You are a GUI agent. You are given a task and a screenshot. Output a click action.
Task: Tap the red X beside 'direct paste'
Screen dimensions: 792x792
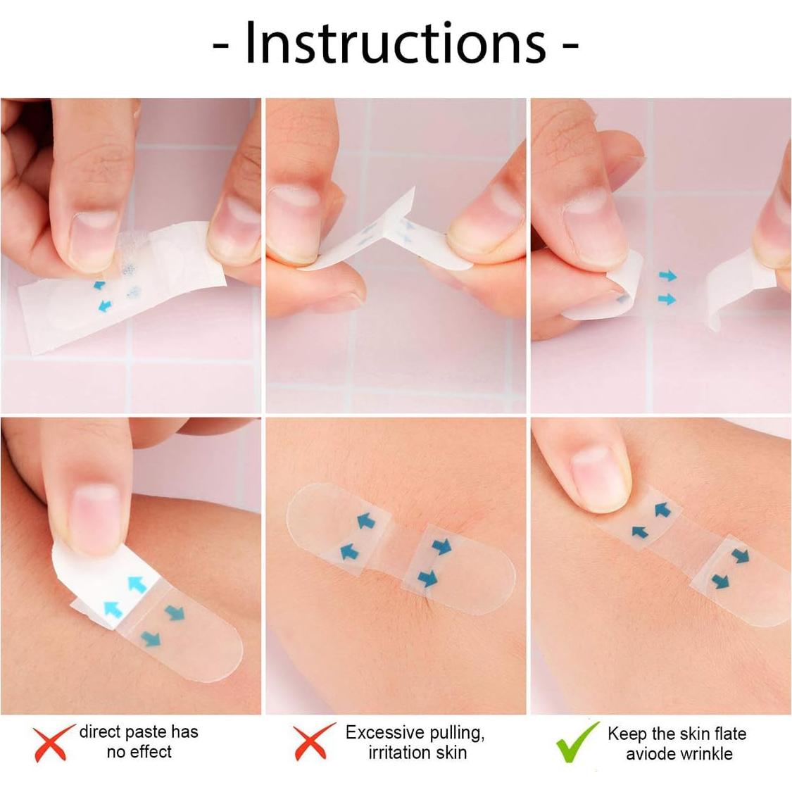(x=54, y=743)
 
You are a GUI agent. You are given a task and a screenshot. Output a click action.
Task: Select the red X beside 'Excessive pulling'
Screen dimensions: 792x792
(x=314, y=743)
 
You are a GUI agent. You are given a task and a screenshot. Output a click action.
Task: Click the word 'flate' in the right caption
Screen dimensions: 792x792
(x=729, y=734)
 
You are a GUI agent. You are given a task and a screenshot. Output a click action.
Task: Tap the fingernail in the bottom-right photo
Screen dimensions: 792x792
(x=601, y=466)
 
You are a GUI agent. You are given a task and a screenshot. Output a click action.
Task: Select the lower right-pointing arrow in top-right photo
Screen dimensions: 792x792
(x=666, y=300)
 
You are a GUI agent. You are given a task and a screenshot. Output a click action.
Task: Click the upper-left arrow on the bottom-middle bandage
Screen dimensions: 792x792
(x=365, y=521)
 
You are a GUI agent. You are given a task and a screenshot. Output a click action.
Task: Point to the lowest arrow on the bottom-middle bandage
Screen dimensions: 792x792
(x=427, y=579)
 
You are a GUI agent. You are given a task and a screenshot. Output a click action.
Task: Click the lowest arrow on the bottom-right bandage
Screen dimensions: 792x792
(x=719, y=581)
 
